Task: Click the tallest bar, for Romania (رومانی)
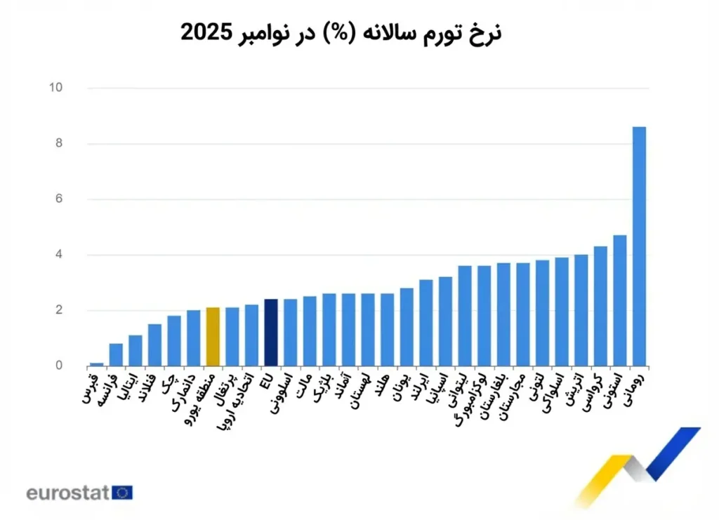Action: pos(639,246)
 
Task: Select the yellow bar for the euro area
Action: pos(213,337)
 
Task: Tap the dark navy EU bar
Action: pos(271,333)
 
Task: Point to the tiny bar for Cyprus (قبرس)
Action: pos(97,364)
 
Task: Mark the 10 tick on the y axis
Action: pos(55,88)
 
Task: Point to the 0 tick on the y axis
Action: pos(58,366)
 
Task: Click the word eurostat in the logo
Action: pos(67,493)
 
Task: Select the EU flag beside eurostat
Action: pos(122,493)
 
